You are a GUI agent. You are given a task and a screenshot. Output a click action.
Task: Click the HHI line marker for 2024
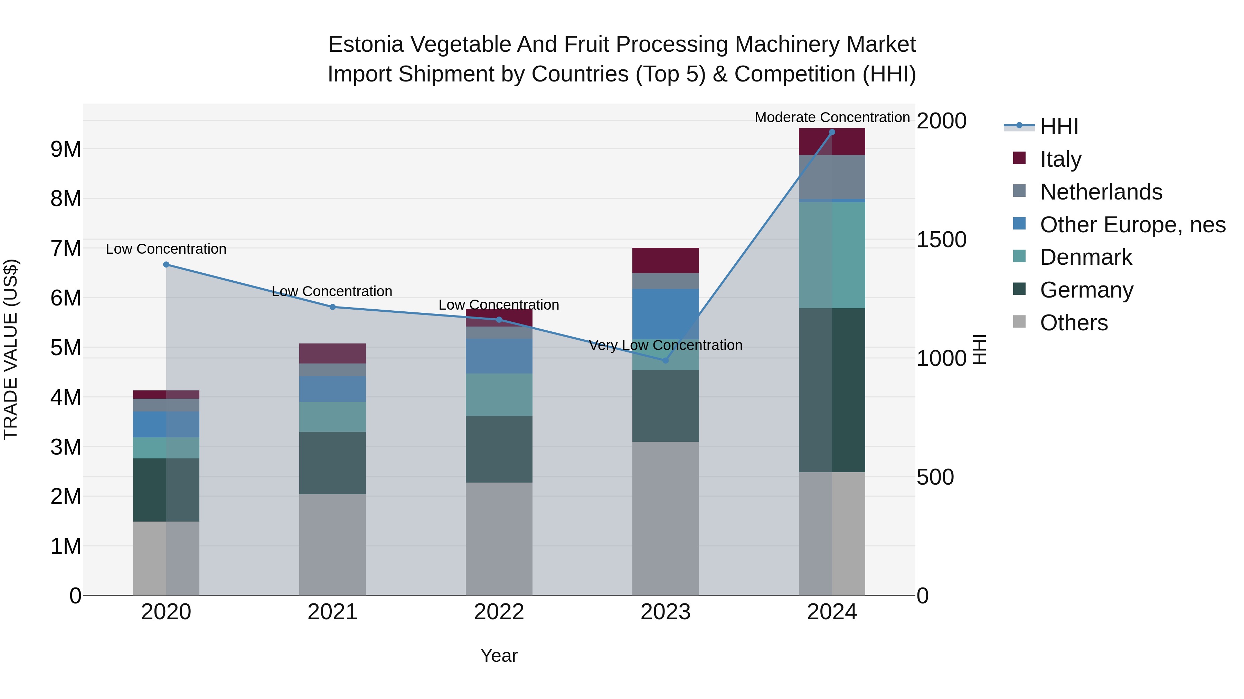pos(832,132)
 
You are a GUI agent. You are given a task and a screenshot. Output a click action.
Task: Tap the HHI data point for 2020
pos(166,264)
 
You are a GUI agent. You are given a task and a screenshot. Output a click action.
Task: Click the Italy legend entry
pos(1060,159)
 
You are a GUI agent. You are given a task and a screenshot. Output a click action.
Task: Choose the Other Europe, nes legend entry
pos(1132,225)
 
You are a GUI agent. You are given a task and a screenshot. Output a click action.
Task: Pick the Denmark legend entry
pos(1086,257)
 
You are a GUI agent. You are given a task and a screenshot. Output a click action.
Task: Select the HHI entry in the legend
pos(1058,126)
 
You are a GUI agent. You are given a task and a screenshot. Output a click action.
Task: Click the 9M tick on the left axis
pos(66,149)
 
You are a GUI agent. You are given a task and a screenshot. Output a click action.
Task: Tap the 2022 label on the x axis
pos(499,612)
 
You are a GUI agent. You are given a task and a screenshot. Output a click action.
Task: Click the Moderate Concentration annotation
pos(832,117)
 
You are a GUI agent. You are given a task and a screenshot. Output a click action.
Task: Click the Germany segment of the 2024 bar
pos(832,390)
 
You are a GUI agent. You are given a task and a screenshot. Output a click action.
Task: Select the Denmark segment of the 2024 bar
pos(832,255)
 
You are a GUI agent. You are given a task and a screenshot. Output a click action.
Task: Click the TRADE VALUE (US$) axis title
pos(11,349)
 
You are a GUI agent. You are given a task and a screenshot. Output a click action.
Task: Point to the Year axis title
pos(499,656)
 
